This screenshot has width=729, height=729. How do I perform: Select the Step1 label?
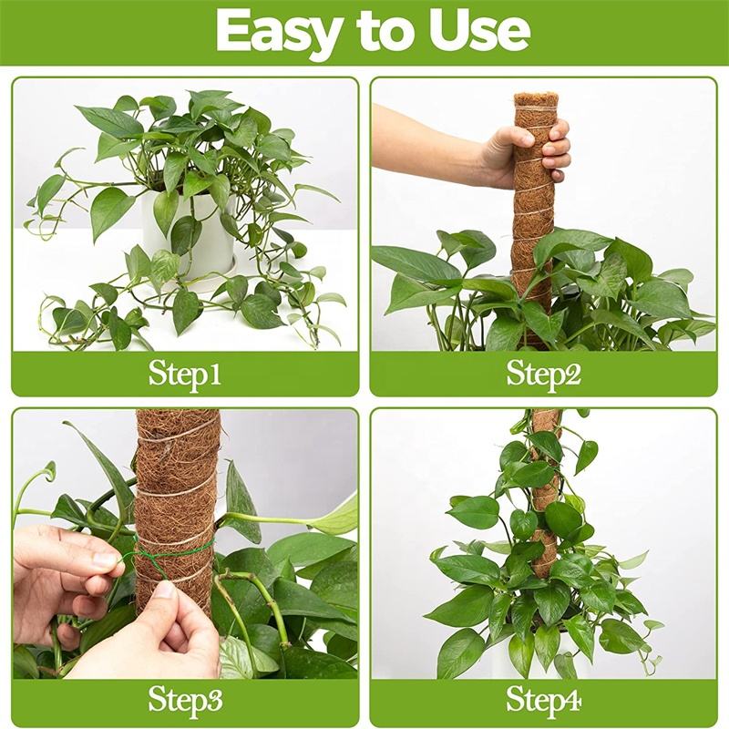(185, 375)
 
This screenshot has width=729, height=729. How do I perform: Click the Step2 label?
(543, 375)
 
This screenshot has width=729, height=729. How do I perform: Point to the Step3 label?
(186, 701)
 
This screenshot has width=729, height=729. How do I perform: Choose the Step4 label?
(543, 701)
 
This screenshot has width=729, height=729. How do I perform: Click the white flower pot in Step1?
(189, 232)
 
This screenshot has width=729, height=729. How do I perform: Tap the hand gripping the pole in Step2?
(526, 153)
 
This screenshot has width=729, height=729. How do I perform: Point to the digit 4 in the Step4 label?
(572, 700)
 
